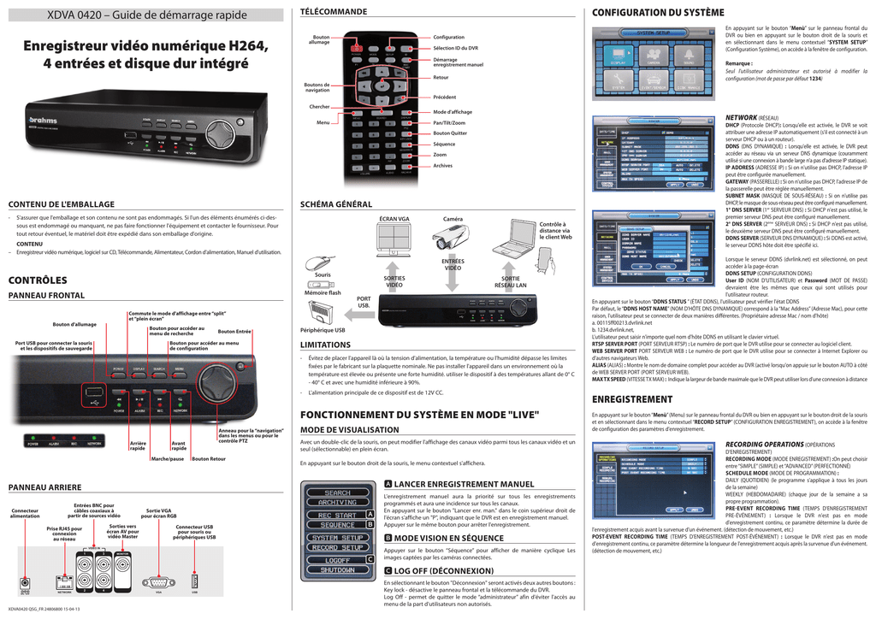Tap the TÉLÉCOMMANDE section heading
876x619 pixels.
click(x=334, y=12)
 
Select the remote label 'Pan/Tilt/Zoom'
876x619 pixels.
click(x=450, y=123)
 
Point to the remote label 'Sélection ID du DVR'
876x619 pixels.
click(x=455, y=49)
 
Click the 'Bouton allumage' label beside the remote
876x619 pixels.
click(x=321, y=40)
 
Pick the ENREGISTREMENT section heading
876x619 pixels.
click(x=632, y=399)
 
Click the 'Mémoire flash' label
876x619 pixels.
click(x=323, y=293)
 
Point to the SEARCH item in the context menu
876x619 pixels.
click(x=336, y=493)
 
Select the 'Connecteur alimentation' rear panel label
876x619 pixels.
click(x=25, y=514)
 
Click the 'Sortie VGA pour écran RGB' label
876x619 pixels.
click(x=158, y=514)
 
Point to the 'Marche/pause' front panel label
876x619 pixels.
click(x=167, y=459)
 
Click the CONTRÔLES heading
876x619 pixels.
click(x=38, y=280)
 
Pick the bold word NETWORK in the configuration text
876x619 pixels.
click(x=741, y=117)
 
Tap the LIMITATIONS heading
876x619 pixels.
click(x=326, y=345)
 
